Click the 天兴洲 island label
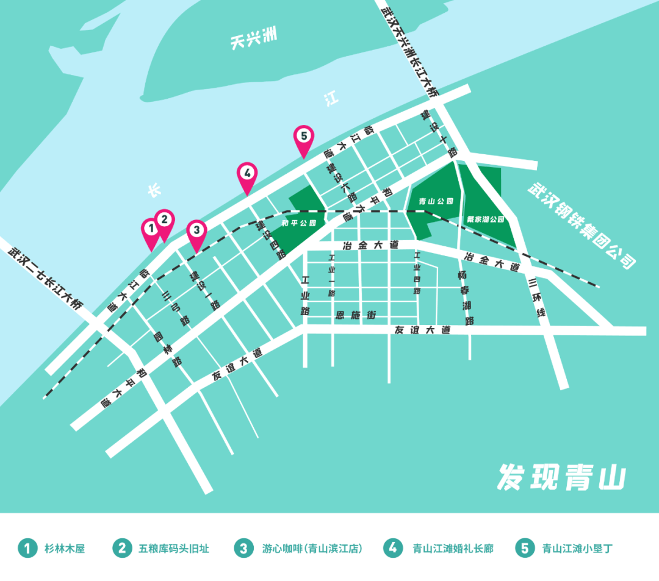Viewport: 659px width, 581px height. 254,40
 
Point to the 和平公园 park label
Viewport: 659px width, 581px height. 299,223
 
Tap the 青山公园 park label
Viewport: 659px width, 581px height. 437,201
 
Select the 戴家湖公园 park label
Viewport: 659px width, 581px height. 486,219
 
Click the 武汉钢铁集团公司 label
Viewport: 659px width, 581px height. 582,226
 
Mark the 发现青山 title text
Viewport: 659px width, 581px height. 561,477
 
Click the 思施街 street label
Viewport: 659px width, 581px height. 355,315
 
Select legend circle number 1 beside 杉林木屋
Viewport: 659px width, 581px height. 27,548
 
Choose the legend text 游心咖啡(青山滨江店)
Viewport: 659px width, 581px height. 312,549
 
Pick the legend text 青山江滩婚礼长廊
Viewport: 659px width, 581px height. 453,549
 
